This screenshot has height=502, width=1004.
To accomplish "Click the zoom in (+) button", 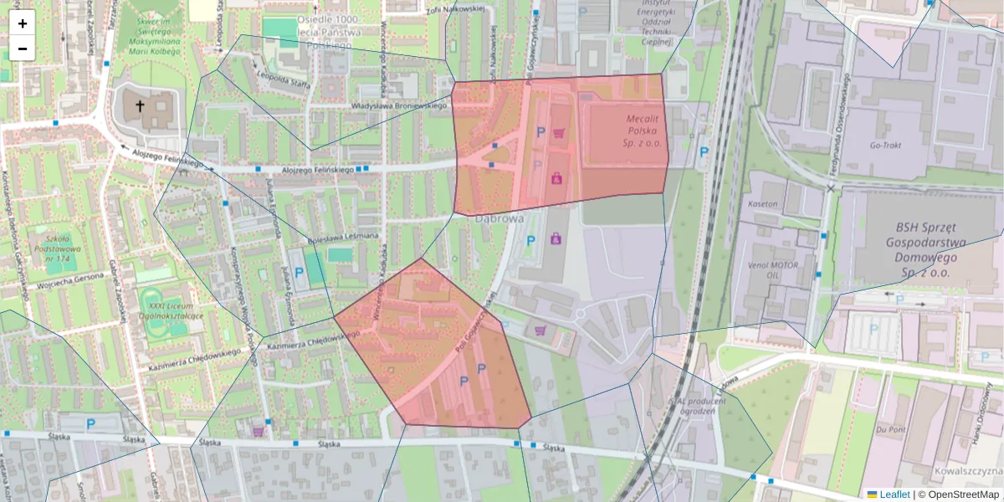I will pyautogui.click(x=23, y=23).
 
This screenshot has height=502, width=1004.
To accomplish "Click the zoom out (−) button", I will pyautogui.click(x=23, y=49).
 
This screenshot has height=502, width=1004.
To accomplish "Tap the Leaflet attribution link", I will pyautogui.click(x=894, y=494).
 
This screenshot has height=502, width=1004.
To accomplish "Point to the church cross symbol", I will pyautogui.click(x=140, y=106).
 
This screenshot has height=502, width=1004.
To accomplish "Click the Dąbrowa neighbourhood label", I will pyautogui.click(x=499, y=218).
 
